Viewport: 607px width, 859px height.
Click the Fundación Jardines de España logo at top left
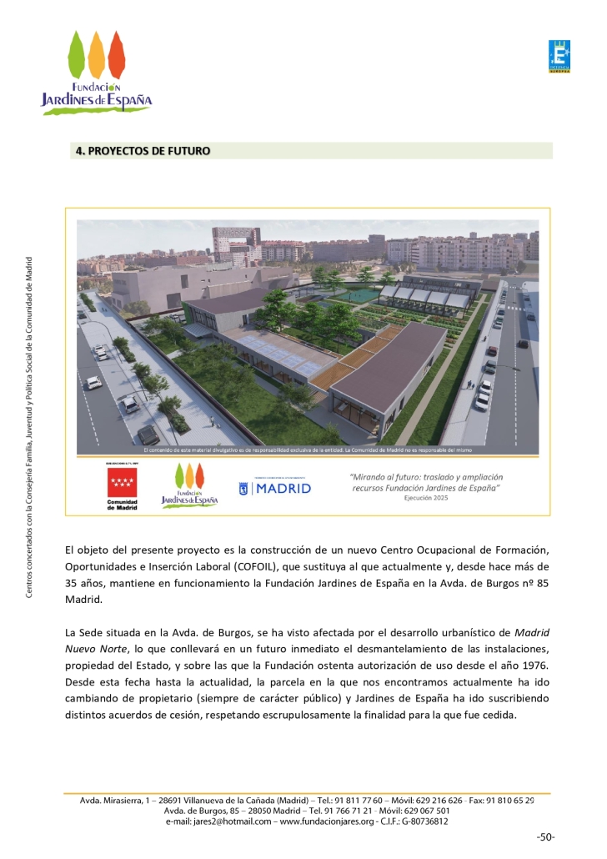coord(97,73)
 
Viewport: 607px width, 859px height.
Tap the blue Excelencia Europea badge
coord(559,56)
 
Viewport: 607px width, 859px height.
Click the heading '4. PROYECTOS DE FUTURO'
coord(143,151)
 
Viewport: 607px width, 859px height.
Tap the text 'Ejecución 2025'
coord(432,497)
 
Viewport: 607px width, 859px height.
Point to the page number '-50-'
coord(545,836)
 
